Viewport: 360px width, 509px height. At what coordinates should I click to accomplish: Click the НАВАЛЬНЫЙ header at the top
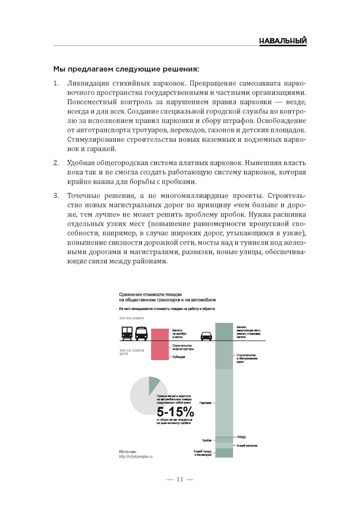282,41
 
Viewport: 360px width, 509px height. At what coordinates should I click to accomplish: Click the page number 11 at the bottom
179,479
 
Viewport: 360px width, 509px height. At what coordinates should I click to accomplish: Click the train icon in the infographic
127,333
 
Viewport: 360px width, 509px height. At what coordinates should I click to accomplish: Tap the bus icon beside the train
141,333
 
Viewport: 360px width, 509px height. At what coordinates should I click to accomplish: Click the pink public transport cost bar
161,343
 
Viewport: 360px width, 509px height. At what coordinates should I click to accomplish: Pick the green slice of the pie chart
154,383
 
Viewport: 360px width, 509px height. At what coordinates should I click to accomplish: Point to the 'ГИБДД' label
241,438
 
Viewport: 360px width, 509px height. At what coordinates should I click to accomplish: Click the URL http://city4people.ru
137,457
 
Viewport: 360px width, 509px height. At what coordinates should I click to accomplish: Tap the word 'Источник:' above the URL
129,451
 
